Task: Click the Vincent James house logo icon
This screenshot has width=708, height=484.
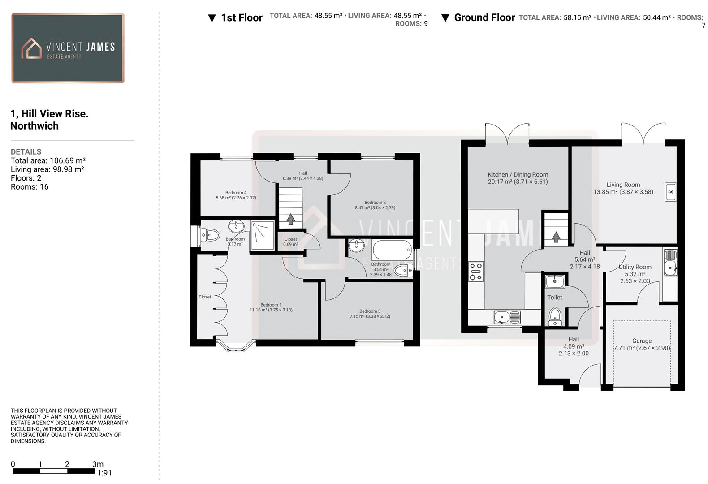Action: (31, 48)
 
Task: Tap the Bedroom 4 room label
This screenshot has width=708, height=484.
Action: (236, 195)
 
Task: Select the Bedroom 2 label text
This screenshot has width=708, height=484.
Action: (375, 205)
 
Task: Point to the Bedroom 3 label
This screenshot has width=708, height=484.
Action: (370, 314)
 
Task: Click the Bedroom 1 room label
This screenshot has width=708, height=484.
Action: (271, 307)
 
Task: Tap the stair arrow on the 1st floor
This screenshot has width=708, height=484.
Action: (290, 219)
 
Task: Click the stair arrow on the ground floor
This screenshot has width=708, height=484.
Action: (556, 237)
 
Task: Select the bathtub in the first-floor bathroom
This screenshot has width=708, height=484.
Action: (392, 250)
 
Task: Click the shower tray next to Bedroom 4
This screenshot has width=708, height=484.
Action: (262, 235)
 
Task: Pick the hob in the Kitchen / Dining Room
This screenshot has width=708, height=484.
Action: (476, 272)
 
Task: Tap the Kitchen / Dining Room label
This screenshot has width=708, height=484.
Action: (518, 178)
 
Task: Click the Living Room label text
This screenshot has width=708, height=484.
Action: (623, 188)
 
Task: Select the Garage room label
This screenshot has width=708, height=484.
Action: (642, 344)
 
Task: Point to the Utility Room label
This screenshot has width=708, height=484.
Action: (635, 274)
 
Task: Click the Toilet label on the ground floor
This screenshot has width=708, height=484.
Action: (554, 297)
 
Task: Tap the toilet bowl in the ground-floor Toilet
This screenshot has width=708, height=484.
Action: (555, 315)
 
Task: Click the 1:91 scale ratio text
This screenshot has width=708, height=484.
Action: (104, 473)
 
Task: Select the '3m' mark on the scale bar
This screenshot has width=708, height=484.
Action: (98, 464)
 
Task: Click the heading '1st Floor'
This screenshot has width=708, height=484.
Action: (242, 18)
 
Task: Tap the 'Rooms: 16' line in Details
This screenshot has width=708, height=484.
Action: (30, 187)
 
